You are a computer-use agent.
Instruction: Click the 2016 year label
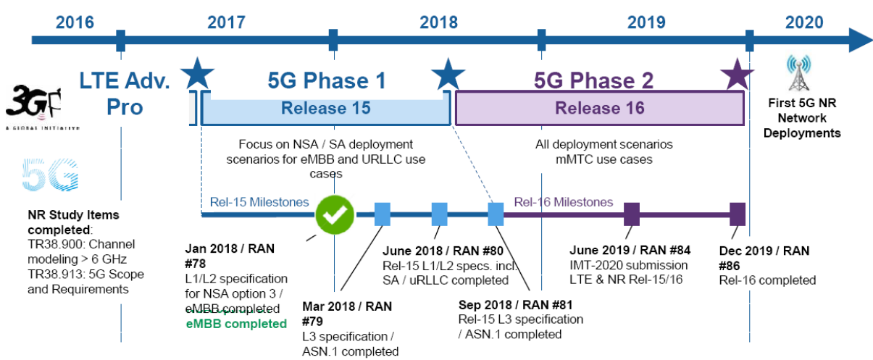[x=75, y=21]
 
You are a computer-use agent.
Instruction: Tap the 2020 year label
[x=803, y=22]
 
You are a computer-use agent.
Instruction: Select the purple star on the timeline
[x=737, y=72]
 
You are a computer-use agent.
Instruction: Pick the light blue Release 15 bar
[x=325, y=109]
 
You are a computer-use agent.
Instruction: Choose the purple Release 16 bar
[x=599, y=109]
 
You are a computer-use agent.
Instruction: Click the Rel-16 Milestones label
[x=563, y=202]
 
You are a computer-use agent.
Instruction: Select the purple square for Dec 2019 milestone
[x=738, y=214]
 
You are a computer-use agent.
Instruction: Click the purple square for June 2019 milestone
[x=632, y=214]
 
